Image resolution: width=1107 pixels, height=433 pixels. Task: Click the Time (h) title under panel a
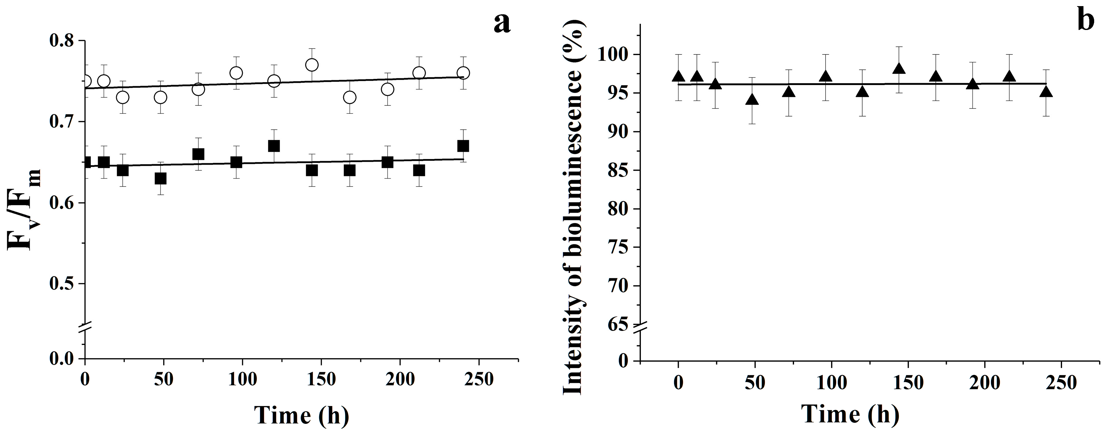coord(301,415)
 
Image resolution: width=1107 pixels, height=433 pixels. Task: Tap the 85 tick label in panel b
coord(618,171)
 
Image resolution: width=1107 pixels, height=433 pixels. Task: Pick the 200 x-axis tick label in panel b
coord(984,382)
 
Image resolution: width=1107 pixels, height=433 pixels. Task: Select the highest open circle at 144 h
coord(311,65)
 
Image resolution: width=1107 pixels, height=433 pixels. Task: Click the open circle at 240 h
coord(463,73)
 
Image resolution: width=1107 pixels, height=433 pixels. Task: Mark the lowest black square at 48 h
coord(160,179)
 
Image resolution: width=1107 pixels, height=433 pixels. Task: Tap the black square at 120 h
coord(274,146)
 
